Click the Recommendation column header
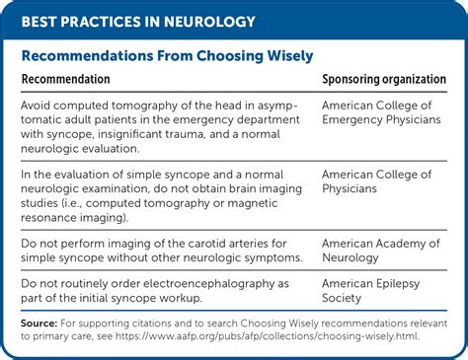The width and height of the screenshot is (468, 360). click(65, 80)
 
